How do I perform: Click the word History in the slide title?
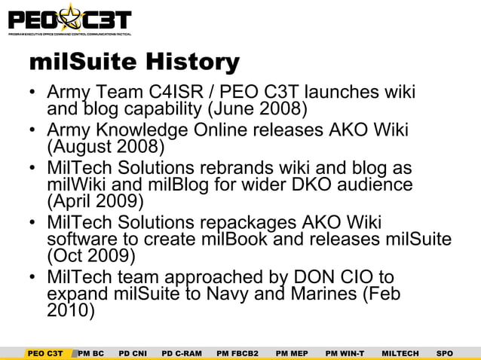(192, 62)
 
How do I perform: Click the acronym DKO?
(317, 185)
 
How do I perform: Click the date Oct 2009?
(90, 256)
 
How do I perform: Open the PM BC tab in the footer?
(91, 352)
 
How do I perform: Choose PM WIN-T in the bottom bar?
(345, 352)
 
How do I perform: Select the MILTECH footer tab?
(400, 352)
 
